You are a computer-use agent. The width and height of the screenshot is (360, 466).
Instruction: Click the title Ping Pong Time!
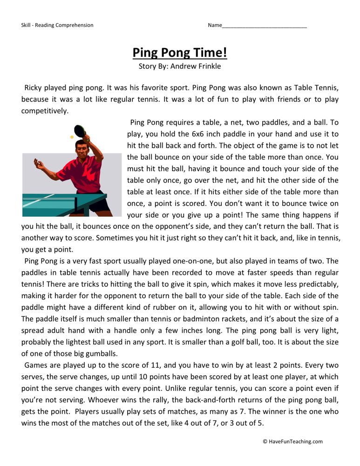click(180, 52)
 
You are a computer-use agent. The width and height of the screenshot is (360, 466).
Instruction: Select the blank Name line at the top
click(264, 26)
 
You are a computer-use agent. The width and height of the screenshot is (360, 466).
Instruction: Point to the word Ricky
click(34, 87)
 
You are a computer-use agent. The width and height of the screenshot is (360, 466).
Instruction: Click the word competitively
click(45, 110)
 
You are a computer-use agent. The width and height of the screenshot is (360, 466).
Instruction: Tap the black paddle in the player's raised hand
click(80, 130)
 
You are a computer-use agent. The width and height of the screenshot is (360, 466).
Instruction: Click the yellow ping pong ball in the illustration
click(72, 137)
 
